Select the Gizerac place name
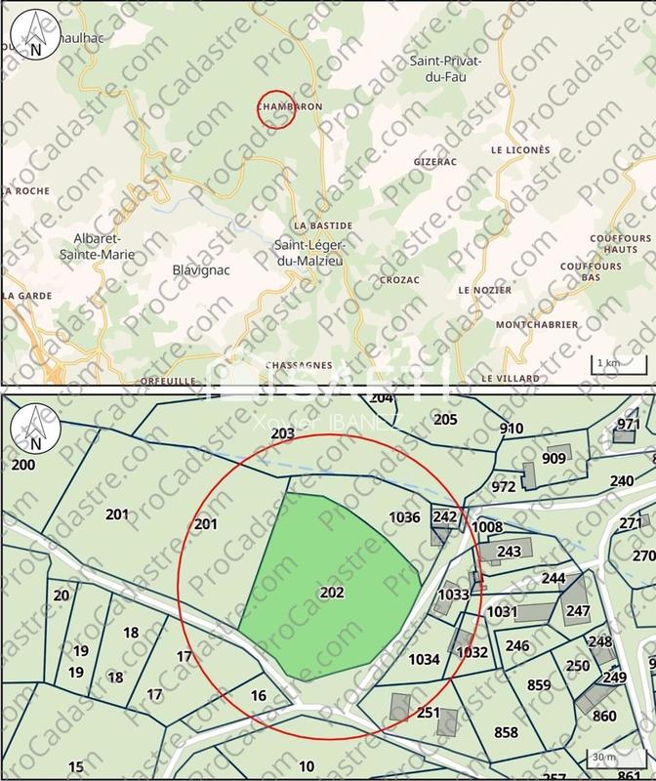point(434,159)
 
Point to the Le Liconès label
point(520,150)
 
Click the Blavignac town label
point(200,270)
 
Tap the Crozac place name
point(399,280)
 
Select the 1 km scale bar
point(607,365)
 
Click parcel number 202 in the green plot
point(331,592)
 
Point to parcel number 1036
point(403,517)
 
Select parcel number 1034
point(423,659)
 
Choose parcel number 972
point(504,486)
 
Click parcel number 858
point(506,732)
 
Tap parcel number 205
point(444,420)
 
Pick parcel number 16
point(258,695)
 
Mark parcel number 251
point(428,713)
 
